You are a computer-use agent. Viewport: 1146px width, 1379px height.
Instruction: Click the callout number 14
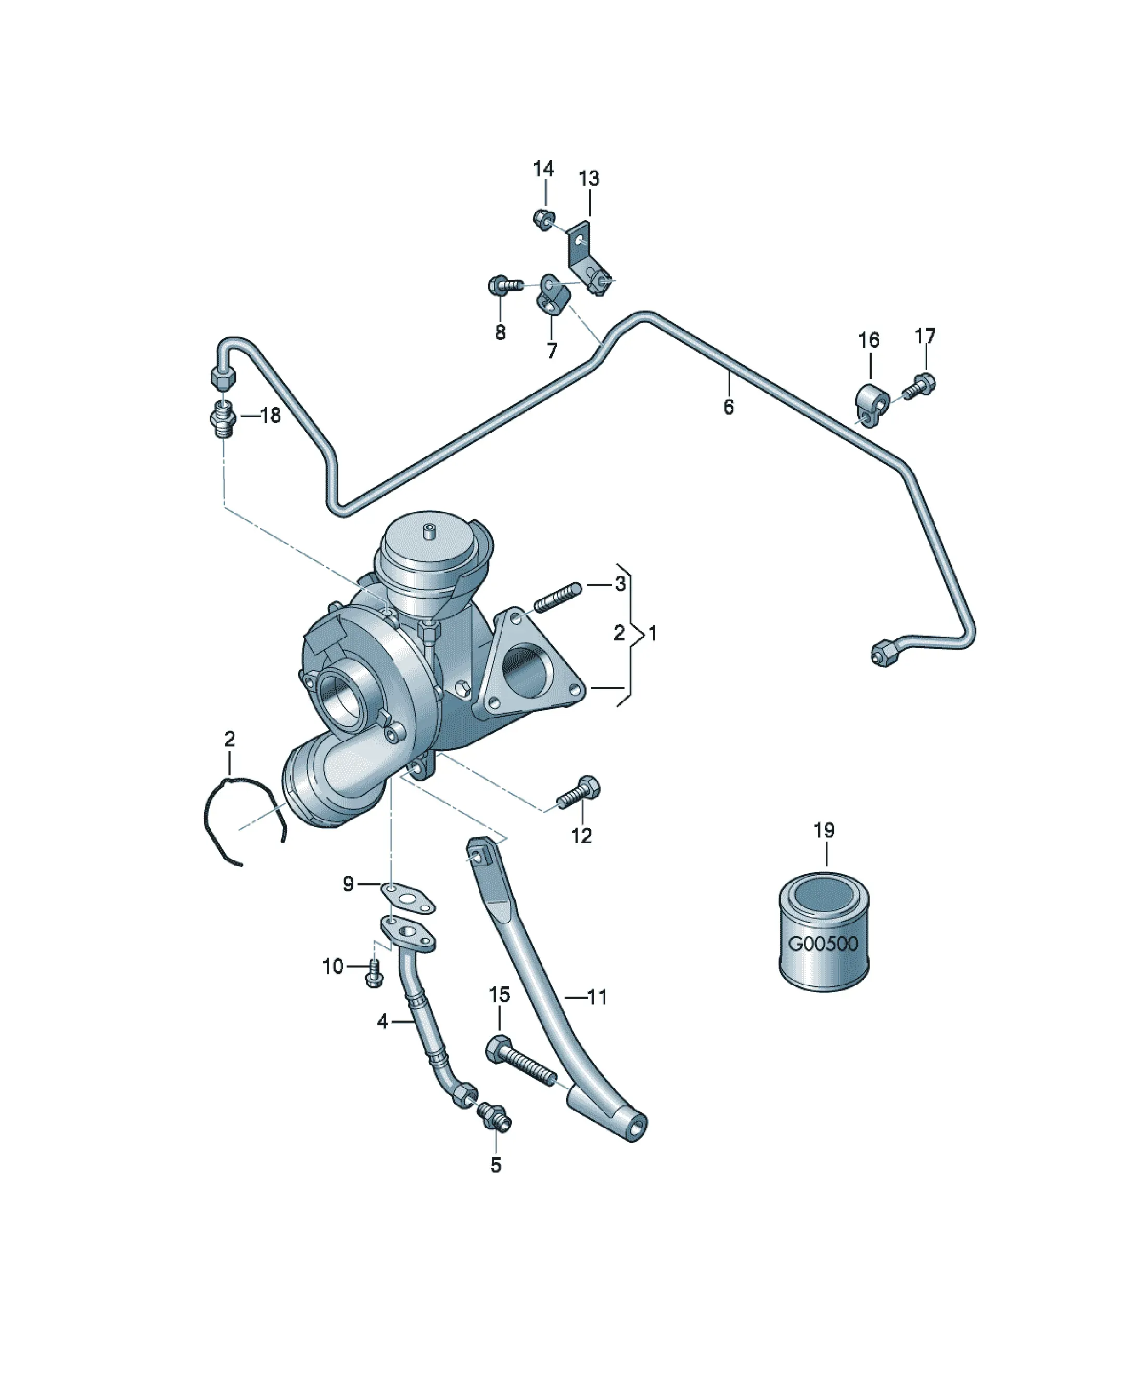point(543,170)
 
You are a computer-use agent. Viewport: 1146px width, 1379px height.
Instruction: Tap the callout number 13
point(589,178)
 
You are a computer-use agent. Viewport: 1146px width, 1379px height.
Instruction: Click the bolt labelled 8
point(505,286)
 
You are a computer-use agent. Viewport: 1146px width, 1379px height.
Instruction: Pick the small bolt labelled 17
point(919,385)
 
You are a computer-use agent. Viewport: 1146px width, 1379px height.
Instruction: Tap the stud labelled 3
point(558,596)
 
